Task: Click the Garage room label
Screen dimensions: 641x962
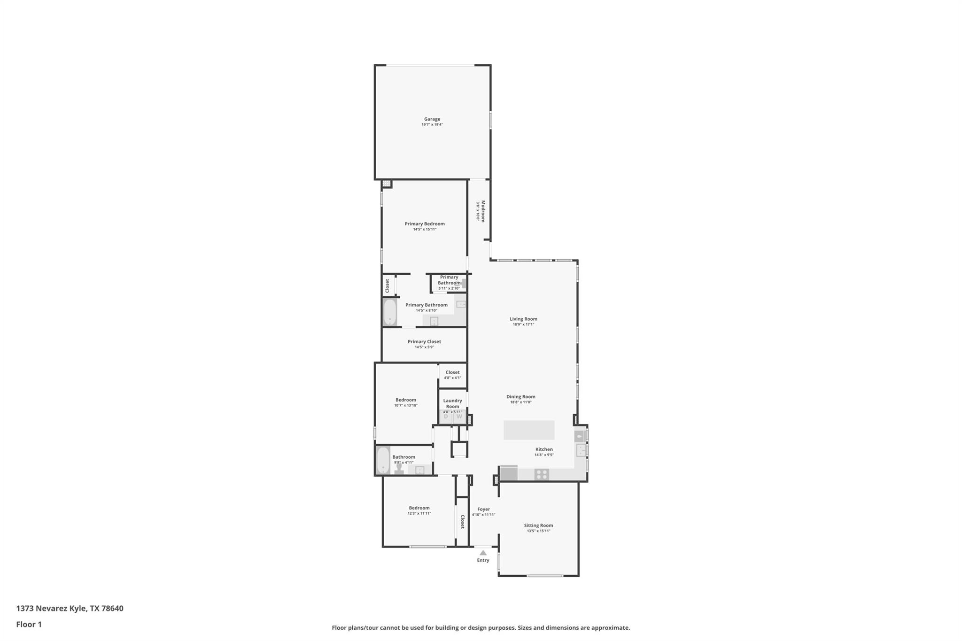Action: [432, 119]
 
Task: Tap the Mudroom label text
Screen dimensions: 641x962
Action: [482, 211]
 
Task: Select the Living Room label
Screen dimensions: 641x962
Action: [523, 319]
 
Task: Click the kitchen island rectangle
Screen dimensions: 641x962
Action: [529, 430]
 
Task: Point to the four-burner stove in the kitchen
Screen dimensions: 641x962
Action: [542, 474]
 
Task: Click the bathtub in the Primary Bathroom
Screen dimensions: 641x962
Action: [390, 312]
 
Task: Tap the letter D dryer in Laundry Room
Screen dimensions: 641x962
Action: [446, 417]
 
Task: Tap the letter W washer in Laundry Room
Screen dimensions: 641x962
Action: [459, 417]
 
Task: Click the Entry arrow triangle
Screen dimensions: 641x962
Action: [483, 553]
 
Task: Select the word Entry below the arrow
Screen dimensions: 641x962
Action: [483, 560]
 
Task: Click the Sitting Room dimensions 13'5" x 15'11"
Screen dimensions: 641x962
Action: [538, 531]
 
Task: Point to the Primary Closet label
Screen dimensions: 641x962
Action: [424, 341]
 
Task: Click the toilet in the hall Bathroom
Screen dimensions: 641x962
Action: [399, 469]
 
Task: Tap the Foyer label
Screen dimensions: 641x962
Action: [483, 509]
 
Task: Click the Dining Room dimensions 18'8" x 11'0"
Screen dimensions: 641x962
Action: [520, 402]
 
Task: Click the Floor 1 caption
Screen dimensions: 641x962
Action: [29, 625]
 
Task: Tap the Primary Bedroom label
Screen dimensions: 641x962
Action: [425, 224]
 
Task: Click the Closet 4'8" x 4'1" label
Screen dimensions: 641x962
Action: [452, 375]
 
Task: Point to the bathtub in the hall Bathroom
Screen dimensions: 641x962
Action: [383, 460]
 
